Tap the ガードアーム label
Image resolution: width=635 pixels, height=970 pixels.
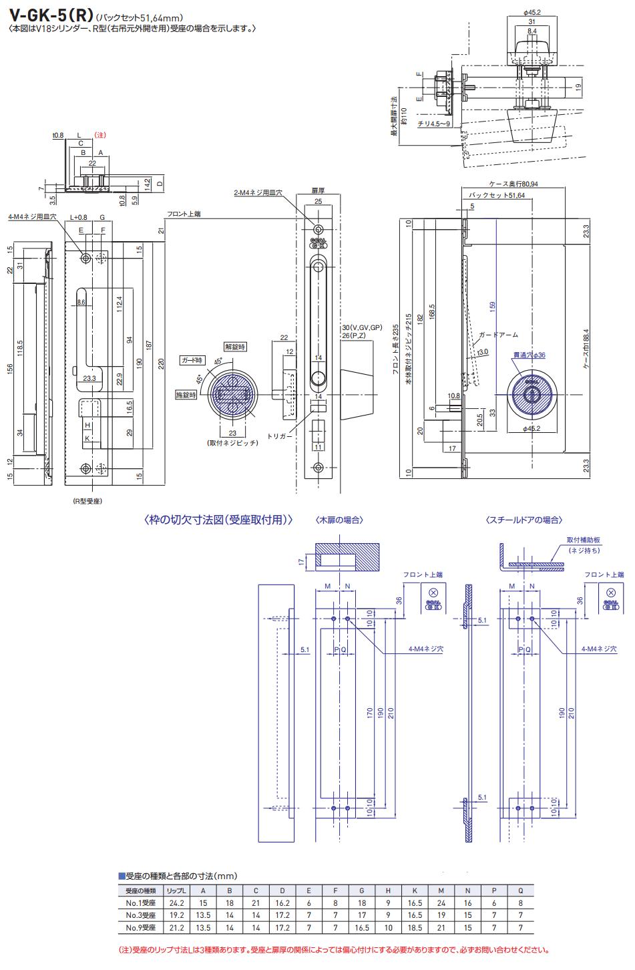pyautogui.click(x=497, y=335)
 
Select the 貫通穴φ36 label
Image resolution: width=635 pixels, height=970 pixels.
pyautogui.click(x=528, y=355)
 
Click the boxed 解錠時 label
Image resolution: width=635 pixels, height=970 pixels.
pyautogui.click(x=235, y=347)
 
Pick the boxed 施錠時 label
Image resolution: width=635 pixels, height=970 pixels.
pyautogui.click(x=187, y=395)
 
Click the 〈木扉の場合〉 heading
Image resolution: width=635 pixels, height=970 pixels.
pyautogui.click(x=339, y=520)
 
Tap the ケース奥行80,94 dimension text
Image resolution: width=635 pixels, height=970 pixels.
pyautogui.click(x=513, y=183)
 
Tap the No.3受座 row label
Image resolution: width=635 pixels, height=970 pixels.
pyautogui.click(x=141, y=915)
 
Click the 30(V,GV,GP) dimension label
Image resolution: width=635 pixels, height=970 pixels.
pyautogui.click(x=361, y=328)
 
